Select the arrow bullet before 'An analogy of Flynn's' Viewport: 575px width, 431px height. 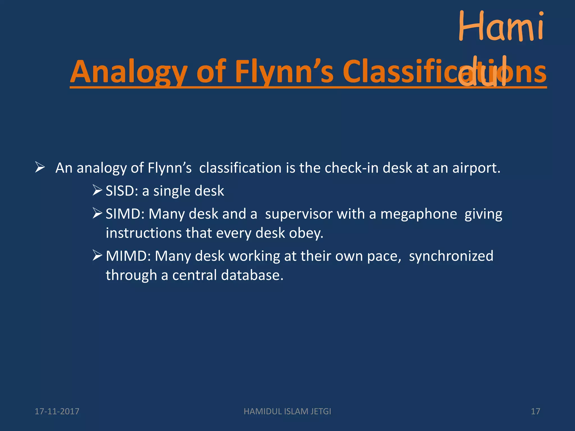[40, 167]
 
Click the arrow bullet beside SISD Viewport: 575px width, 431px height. [97, 191]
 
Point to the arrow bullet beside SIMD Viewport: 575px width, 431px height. [97, 214]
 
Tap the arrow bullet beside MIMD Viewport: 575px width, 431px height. [97, 256]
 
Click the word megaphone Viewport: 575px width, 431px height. [419, 214]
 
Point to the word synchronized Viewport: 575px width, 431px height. [451, 256]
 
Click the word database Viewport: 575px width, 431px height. [252, 275]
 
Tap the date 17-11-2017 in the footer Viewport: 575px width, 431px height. [57, 411]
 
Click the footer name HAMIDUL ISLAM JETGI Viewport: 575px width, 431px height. [287, 411]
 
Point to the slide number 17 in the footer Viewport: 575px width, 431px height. [535, 411]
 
